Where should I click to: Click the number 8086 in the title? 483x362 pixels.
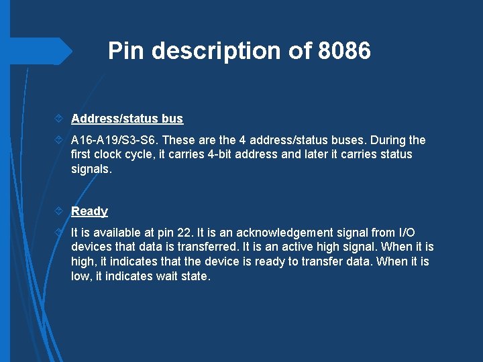(x=344, y=51)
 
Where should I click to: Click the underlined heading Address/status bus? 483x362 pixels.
(x=127, y=119)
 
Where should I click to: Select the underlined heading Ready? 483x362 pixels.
(x=89, y=211)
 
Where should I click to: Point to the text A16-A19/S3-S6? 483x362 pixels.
(x=115, y=140)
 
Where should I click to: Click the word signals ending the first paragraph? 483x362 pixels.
(x=91, y=169)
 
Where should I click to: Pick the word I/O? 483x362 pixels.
(x=407, y=233)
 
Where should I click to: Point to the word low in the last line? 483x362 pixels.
(x=80, y=276)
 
